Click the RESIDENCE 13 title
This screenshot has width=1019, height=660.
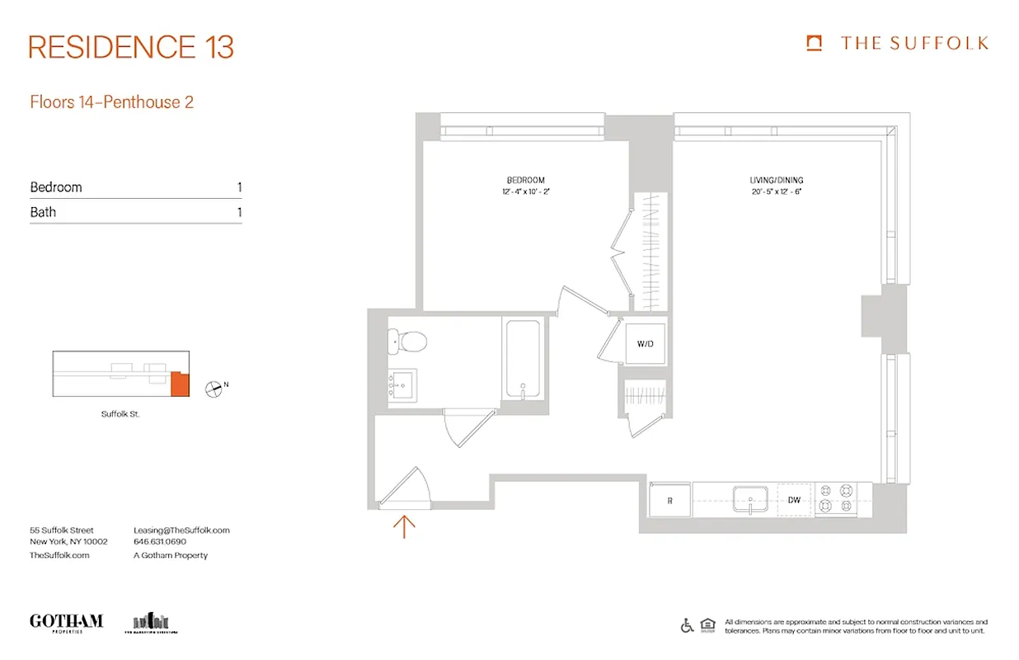pyautogui.click(x=131, y=47)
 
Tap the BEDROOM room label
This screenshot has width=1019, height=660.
pyautogui.click(x=525, y=180)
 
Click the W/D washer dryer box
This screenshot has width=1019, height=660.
pyautogui.click(x=645, y=343)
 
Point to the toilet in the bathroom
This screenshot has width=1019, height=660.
pyautogui.click(x=406, y=340)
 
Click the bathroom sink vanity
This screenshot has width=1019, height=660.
pyautogui.click(x=402, y=384)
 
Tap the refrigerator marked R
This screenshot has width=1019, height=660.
pyautogui.click(x=669, y=500)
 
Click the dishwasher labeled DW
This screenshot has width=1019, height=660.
pyautogui.click(x=794, y=500)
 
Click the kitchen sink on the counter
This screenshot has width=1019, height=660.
pyautogui.click(x=750, y=498)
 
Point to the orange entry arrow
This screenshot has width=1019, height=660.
pyautogui.click(x=404, y=526)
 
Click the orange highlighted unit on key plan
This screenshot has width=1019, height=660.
pyautogui.click(x=180, y=384)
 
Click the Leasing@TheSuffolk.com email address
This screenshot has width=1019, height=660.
pyautogui.click(x=181, y=530)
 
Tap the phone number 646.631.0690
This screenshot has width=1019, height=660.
pyautogui.click(x=160, y=542)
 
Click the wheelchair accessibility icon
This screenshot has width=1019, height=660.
pyautogui.click(x=687, y=625)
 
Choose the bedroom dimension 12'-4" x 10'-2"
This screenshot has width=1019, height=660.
pyautogui.click(x=525, y=192)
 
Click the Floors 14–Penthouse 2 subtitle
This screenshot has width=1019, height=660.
pyautogui.click(x=111, y=102)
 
